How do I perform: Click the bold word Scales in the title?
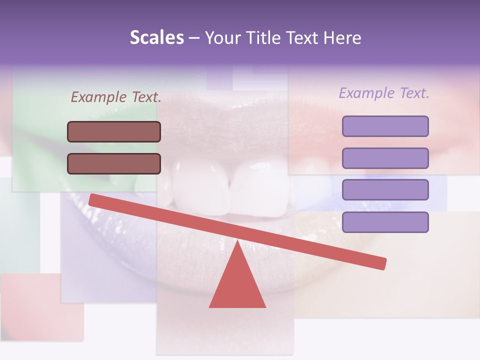tap(156, 38)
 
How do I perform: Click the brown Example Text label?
tap(116, 97)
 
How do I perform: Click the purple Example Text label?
tap(384, 93)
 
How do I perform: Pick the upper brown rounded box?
tap(114, 131)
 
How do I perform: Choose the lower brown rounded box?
tap(114, 163)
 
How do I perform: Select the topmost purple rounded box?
tap(385, 126)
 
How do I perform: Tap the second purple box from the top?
tap(385, 158)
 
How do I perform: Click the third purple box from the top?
tap(385, 190)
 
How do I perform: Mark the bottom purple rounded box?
tap(385, 222)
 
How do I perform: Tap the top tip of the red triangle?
tap(237, 243)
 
